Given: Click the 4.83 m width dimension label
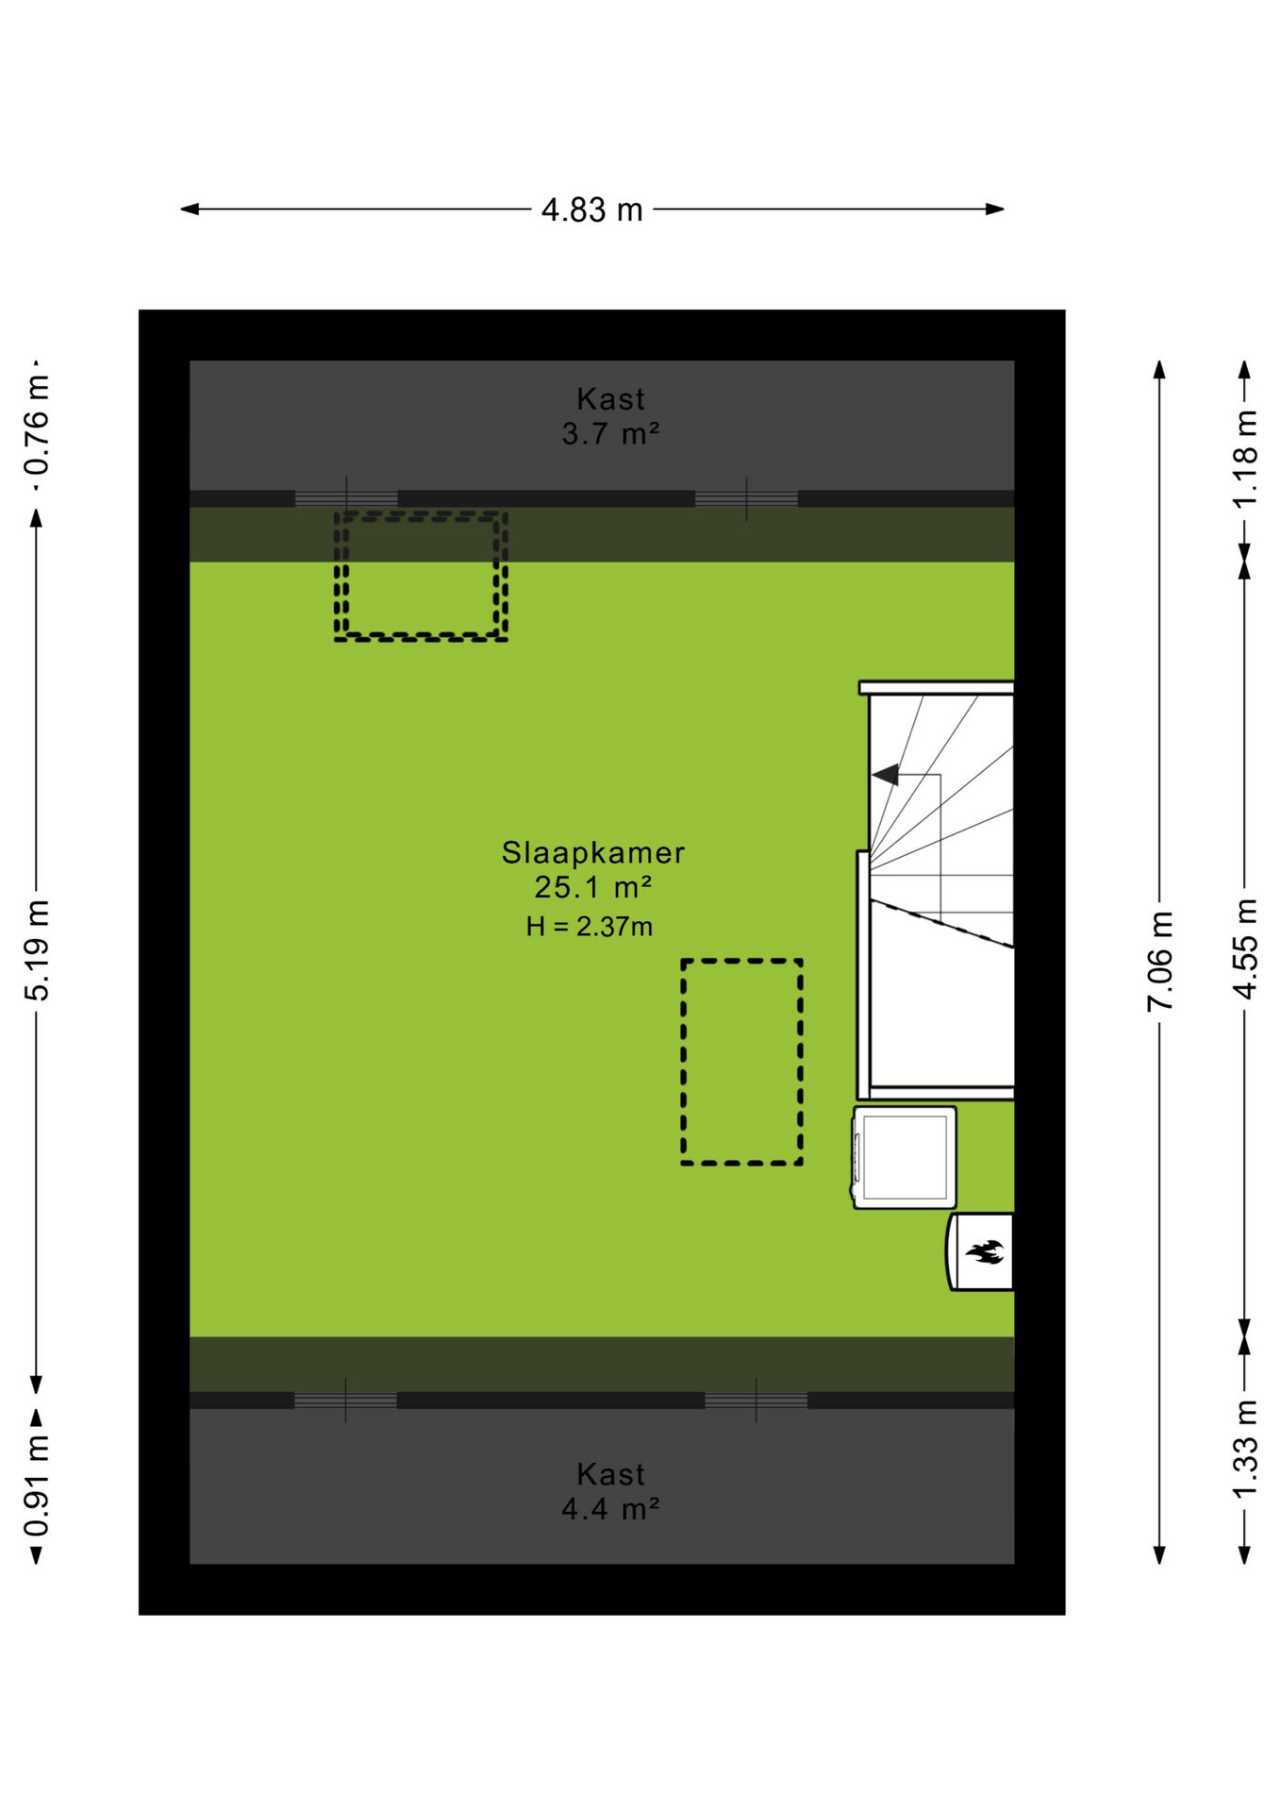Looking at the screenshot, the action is tap(591, 210).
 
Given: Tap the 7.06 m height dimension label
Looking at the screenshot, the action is tap(1160, 961).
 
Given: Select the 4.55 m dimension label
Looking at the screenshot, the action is tap(1245, 948).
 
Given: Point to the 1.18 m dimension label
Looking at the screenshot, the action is tap(1245, 459).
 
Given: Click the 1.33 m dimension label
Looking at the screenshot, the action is tap(1245, 1449).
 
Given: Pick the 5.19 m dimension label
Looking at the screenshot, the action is tap(37, 950).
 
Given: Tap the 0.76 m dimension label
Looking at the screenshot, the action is tap(37, 426).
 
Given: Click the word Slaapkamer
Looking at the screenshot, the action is tap(592, 852).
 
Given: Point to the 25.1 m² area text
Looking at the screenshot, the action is tap(593, 887).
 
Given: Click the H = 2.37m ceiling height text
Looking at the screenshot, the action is tap(590, 927).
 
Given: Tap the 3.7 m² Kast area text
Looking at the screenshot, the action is tap(610, 434).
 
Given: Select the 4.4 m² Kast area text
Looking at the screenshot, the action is tap(610, 1509).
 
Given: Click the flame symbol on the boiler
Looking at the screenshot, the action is tap(985, 1252).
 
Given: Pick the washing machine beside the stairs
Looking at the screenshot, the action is tap(905, 1158).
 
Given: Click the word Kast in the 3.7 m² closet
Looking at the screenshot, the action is tap(610, 399).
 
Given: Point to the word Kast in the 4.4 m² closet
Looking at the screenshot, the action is tap(610, 1474).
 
